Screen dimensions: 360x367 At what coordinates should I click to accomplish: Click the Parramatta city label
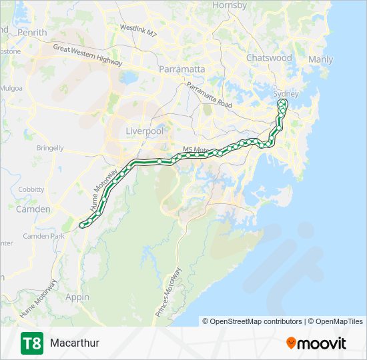coord(181,69)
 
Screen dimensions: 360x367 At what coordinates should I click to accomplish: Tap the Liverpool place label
coord(145,131)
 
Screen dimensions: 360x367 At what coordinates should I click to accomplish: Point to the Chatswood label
coord(269,58)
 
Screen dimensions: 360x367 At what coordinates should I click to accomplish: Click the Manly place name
coord(321,60)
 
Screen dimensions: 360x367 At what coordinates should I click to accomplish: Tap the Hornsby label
coord(230,5)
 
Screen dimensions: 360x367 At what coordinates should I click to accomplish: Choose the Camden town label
coord(33,209)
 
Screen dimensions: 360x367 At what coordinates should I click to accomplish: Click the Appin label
coord(77,297)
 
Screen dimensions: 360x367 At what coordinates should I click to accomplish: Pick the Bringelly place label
coord(50,148)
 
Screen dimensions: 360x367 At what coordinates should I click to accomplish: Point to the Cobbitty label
coord(31,189)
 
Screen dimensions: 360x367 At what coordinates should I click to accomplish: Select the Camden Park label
coord(43,236)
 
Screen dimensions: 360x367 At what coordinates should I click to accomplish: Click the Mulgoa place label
coord(12,88)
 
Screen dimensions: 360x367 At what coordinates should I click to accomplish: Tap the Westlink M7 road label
coord(138,31)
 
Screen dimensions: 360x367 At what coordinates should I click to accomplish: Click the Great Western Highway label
coord(88,55)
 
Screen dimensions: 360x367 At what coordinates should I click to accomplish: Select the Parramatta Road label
coord(209,95)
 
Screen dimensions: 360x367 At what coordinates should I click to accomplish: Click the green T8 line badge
coord(31,343)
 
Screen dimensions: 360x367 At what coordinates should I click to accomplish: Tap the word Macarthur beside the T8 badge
coord(75,343)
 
